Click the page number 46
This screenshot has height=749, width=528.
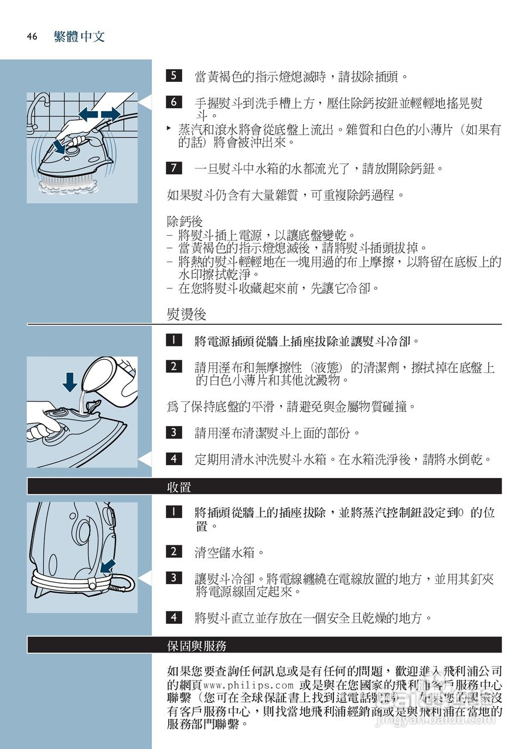pos(32,37)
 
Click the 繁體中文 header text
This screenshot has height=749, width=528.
pos(79,37)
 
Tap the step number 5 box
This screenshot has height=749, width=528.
pos(173,75)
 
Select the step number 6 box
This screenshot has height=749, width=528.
pos(173,102)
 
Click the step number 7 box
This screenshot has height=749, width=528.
pos(173,168)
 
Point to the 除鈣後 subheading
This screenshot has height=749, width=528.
pos(185,222)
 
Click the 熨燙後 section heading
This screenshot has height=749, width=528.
pos(186,314)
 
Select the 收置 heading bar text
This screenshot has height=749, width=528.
pos(179,487)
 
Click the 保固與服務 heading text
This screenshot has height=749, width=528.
pos(196,645)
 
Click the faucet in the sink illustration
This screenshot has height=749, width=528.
pos(38,108)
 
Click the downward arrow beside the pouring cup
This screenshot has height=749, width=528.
pos(70,382)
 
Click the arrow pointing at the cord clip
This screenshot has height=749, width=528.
pos(107,566)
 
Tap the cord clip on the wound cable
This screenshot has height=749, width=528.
pos(93,583)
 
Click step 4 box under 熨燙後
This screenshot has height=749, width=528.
pos(173,459)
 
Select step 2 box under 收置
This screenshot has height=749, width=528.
pos(173,551)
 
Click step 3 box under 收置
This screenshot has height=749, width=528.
pos(173,578)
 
